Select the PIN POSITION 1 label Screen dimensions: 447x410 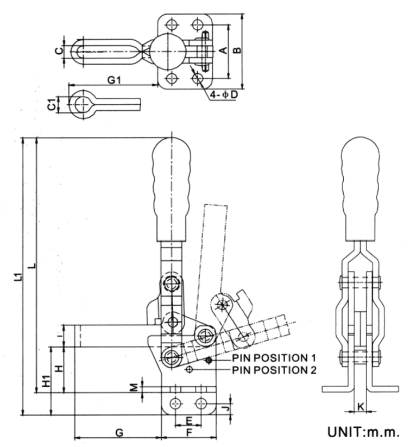point(274,358)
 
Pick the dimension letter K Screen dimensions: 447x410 point(361,405)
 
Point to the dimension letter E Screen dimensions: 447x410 point(188,420)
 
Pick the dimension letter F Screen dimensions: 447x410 point(188,433)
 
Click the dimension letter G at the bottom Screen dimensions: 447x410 point(119,432)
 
